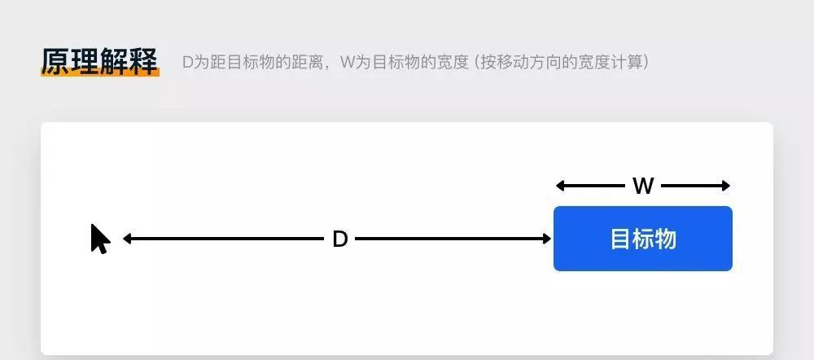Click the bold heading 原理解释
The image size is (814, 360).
click(99, 62)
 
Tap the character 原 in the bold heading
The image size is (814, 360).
click(55, 62)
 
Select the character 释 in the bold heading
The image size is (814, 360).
click(143, 62)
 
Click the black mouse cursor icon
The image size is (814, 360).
click(100, 239)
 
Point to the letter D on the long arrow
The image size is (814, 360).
click(339, 239)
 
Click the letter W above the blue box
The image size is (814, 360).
click(643, 186)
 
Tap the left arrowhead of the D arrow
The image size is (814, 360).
click(127, 239)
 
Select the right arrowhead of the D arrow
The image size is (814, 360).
click(547, 239)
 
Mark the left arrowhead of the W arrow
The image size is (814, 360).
click(561, 186)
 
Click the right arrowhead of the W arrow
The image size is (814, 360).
click(726, 186)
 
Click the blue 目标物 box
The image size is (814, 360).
click(643, 239)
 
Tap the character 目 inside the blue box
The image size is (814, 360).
click(619, 239)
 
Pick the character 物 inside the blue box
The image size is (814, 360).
click(666, 239)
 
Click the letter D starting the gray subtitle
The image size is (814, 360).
click(188, 63)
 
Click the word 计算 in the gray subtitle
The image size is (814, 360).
click(627, 63)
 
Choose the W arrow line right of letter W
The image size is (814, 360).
click(692, 186)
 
